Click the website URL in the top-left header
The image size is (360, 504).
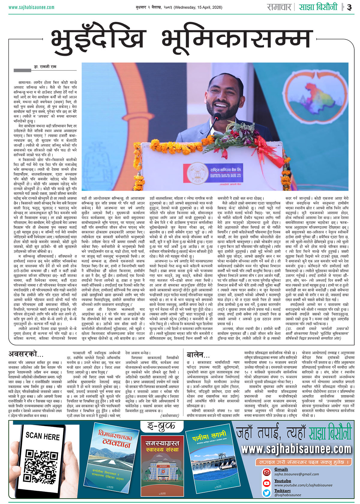pos(31,7)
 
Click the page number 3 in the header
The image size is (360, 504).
pos(349,7)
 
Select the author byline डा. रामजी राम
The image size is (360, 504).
pos(45,67)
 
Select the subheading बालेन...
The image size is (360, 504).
pos(198,355)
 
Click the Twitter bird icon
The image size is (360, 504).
pos(267,493)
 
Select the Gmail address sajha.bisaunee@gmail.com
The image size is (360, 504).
pos(296,474)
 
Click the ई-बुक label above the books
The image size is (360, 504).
pos(162,426)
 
